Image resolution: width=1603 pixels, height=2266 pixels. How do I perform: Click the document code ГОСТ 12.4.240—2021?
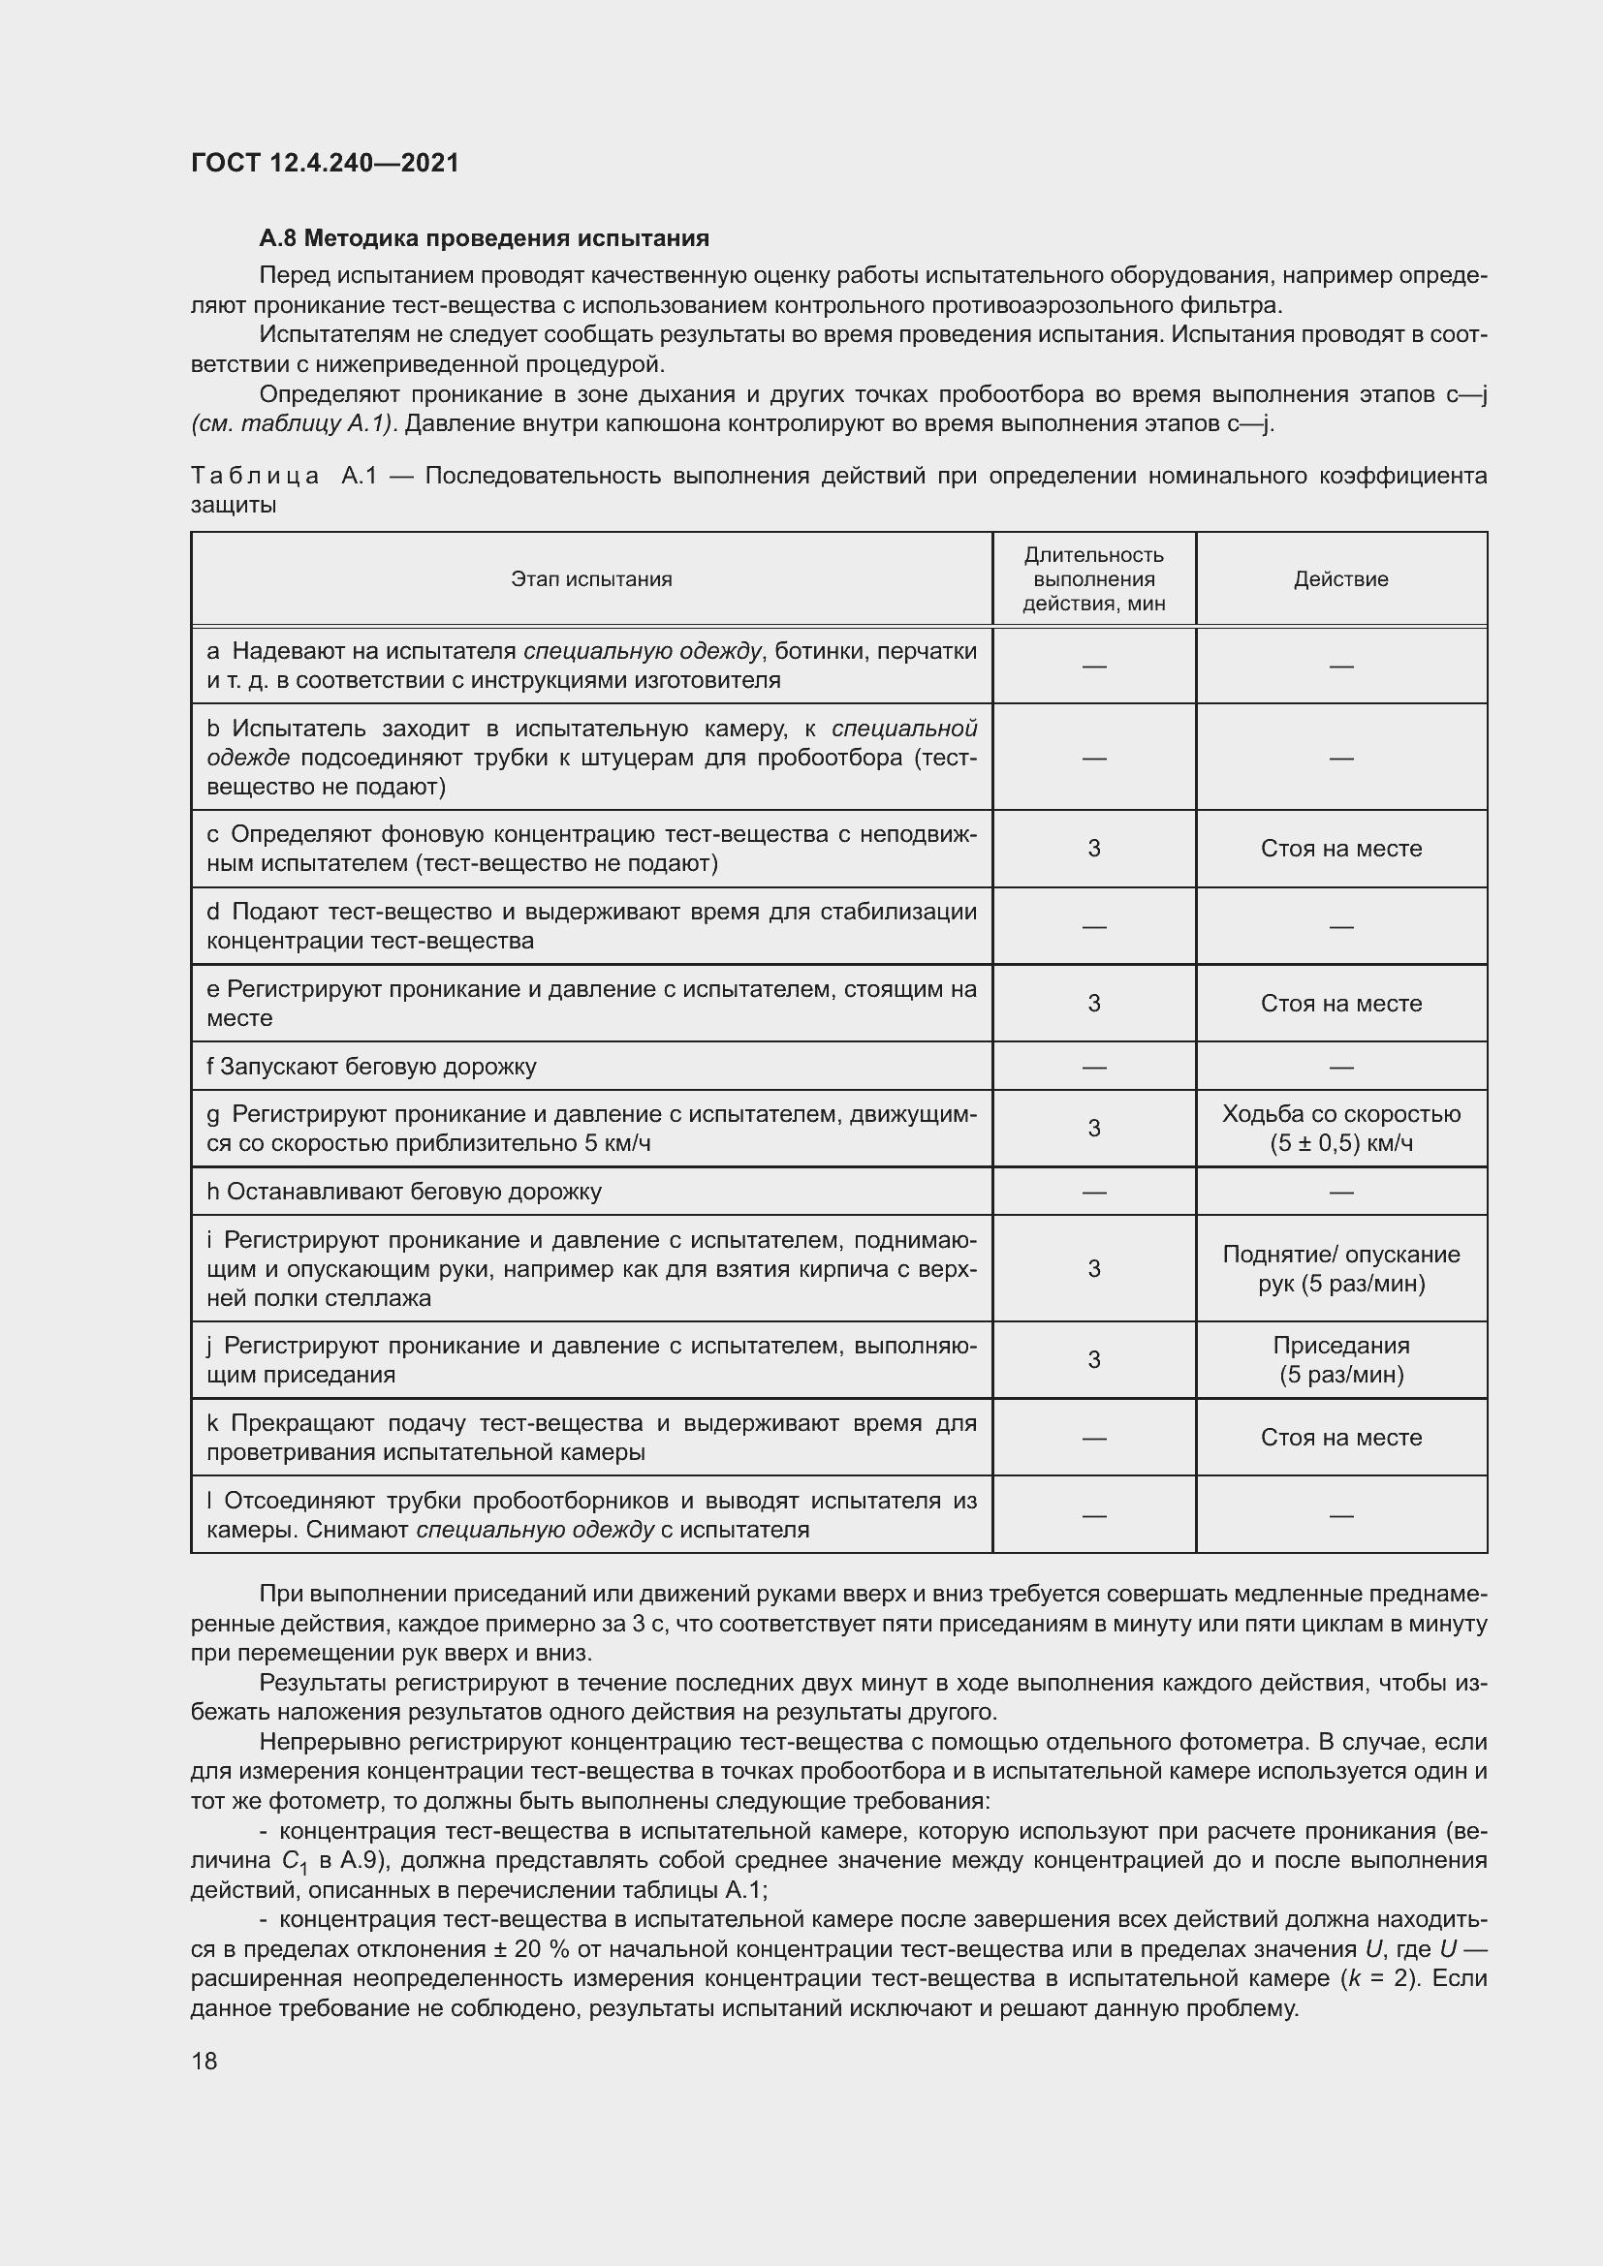pyautogui.click(x=325, y=163)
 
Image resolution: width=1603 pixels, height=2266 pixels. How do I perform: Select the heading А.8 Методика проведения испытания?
pyautogui.click(x=484, y=238)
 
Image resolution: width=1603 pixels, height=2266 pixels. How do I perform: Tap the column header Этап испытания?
pyautogui.click(x=591, y=579)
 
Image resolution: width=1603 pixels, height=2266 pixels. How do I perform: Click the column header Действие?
pyautogui.click(x=1340, y=579)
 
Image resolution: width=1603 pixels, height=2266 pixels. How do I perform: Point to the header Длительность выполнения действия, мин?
pyautogui.click(x=1093, y=579)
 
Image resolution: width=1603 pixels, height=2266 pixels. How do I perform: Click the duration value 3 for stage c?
pyautogui.click(x=1093, y=849)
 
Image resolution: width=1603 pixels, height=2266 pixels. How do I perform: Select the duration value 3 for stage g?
pyautogui.click(x=1093, y=1128)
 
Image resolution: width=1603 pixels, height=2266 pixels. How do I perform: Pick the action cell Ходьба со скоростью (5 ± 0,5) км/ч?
pyautogui.click(x=1340, y=1128)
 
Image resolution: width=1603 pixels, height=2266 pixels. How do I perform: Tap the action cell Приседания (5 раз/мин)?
pyautogui.click(x=1340, y=1359)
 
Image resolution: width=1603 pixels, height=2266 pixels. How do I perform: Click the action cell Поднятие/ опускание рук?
pyautogui.click(x=1340, y=1268)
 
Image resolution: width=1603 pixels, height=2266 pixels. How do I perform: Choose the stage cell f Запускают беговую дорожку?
pyautogui.click(x=372, y=1066)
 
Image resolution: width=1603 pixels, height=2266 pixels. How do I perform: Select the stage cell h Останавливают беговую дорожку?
pyautogui.click(x=405, y=1192)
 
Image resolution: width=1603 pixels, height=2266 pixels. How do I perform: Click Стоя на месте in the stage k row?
pyautogui.click(x=1340, y=1437)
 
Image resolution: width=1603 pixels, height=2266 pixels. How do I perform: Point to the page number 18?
pyautogui.click(x=204, y=2061)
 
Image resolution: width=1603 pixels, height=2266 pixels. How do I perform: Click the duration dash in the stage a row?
pyautogui.click(x=1093, y=667)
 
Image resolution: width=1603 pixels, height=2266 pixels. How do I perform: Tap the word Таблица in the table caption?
pyautogui.click(x=255, y=477)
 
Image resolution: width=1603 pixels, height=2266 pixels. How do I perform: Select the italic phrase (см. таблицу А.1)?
pyautogui.click(x=293, y=424)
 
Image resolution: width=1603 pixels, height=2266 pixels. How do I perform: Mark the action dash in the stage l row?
pyautogui.click(x=1340, y=1514)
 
